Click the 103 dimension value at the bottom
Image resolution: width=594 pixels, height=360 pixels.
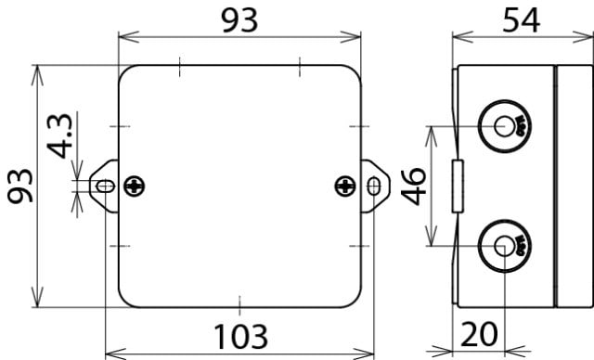pyautogui.click(x=241, y=337)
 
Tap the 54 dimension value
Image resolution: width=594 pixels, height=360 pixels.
pyautogui.click(x=522, y=20)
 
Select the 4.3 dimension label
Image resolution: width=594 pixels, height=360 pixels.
pyautogui.click(x=59, y=135)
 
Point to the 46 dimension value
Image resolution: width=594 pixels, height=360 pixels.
pyautogui.click(x=414, y=186)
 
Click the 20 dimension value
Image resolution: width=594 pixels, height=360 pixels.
pyautogui.click(x=479, y=334)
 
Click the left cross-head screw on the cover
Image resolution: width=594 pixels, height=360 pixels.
pyautogui.click(x=135, y=186)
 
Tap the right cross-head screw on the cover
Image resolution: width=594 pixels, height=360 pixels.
pyautogui.click(x=345, y=186)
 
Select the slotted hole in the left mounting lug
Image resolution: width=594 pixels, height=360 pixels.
pyautogui.click(x=106, y=186)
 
